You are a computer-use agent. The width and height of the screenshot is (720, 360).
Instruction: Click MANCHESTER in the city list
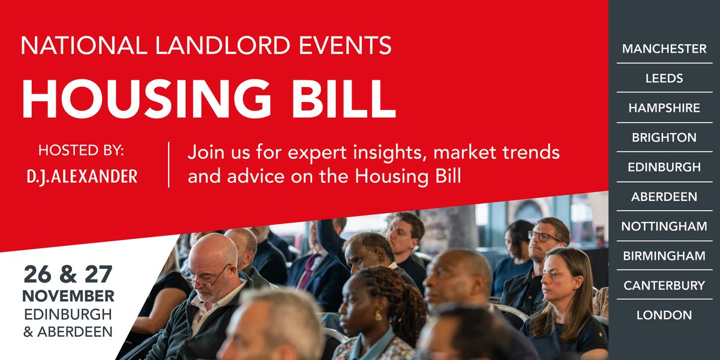click(664, 49)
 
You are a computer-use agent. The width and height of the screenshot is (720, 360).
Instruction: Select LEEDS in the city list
click(664, 78)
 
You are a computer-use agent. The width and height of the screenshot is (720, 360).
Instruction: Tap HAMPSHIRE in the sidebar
click(664, 108)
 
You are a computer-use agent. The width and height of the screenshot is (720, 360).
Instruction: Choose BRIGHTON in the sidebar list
click(664, 137)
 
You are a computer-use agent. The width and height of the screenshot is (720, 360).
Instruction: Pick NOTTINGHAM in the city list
click(664, 226)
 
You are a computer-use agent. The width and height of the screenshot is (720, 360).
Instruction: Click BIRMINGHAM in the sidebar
click(664, 256)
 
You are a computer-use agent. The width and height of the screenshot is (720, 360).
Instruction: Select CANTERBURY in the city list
click(664, 285)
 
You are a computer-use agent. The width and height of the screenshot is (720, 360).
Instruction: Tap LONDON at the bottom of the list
click(664, 315)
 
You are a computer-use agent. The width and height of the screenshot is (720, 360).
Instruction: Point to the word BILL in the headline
click(345, 98)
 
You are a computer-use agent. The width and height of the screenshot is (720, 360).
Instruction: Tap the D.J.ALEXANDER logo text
click(81, 176)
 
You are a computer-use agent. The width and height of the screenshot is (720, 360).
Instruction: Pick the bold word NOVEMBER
click(68, 296)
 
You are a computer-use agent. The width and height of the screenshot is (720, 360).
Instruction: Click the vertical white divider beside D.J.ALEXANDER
click(169, 164)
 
